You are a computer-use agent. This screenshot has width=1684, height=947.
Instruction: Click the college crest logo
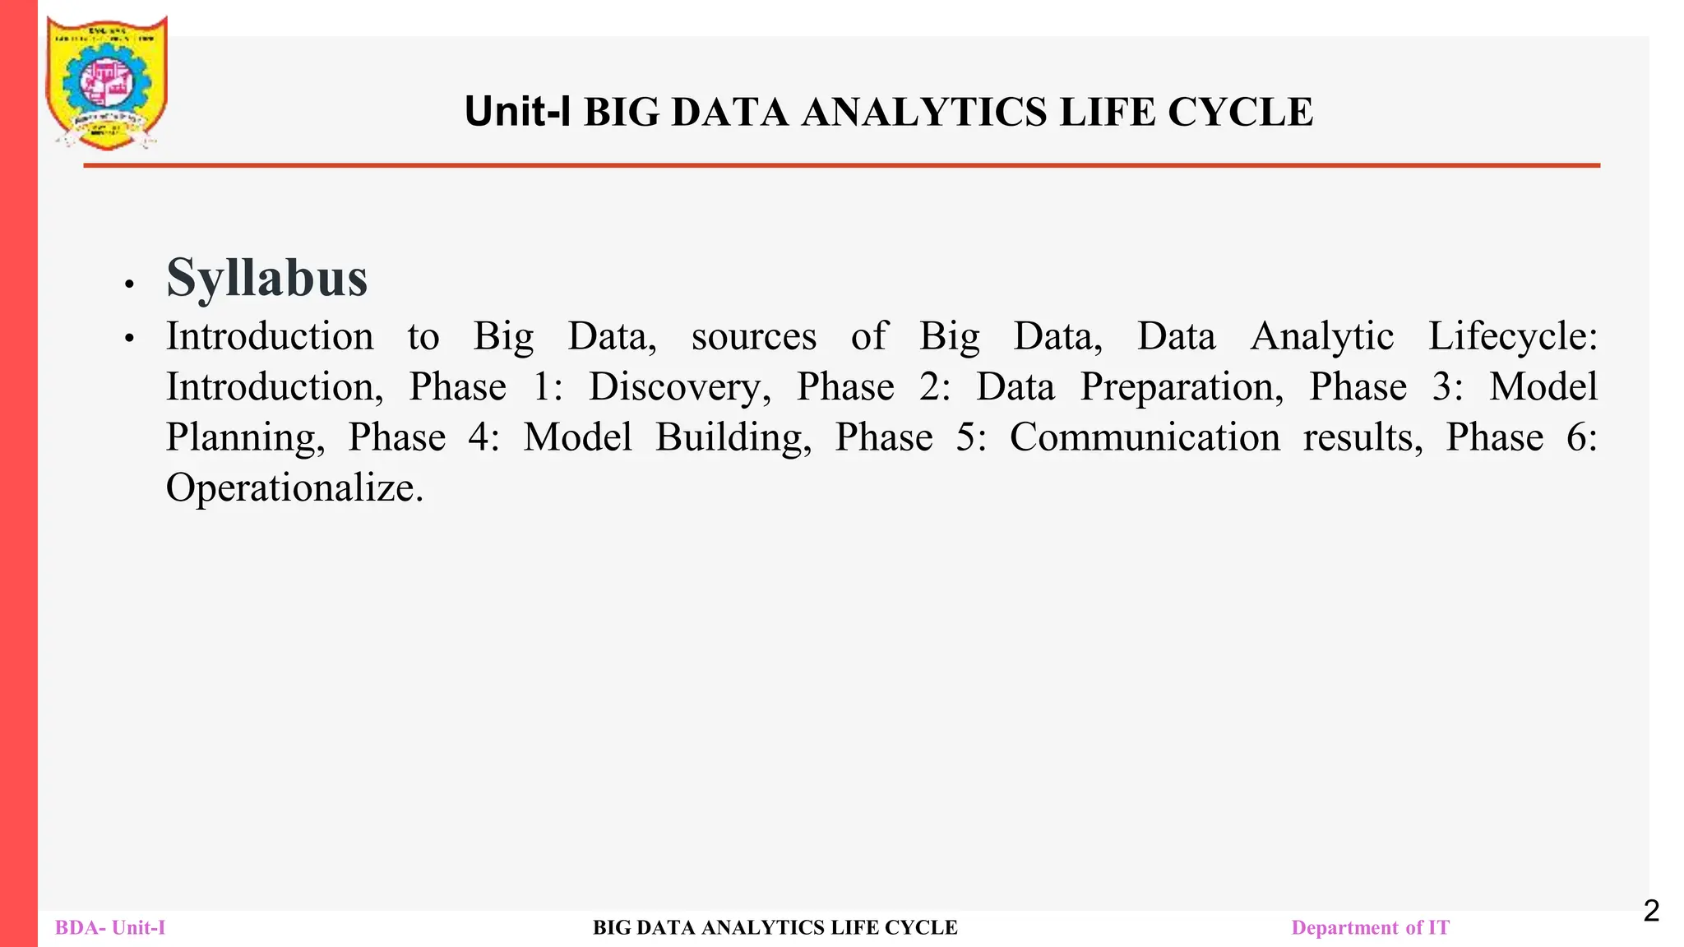coord(107,83)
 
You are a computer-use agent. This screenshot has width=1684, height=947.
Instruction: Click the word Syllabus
coord(266,278)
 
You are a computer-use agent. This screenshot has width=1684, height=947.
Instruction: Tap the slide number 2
coord(1651,911)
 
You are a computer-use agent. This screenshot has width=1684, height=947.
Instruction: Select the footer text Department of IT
coord(1370,928)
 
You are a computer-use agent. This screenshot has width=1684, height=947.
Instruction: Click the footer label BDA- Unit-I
coord(110,928)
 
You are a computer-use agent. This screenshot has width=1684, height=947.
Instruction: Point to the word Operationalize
coord(294,487)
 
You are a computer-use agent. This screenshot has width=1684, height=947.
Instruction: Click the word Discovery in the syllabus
coord(679,387)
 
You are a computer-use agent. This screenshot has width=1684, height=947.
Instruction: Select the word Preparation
coord(1181,387)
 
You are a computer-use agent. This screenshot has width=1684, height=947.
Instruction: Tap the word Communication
coord(1145,437)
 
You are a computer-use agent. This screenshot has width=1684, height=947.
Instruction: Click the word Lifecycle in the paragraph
coord(1512,337)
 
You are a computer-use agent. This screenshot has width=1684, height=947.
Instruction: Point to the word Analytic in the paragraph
coord(1321,337)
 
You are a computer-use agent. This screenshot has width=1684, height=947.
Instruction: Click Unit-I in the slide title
coord(517,112)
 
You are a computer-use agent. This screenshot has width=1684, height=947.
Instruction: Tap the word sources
coord(754,337)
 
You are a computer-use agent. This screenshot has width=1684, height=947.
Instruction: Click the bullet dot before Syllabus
coord(129,284)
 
